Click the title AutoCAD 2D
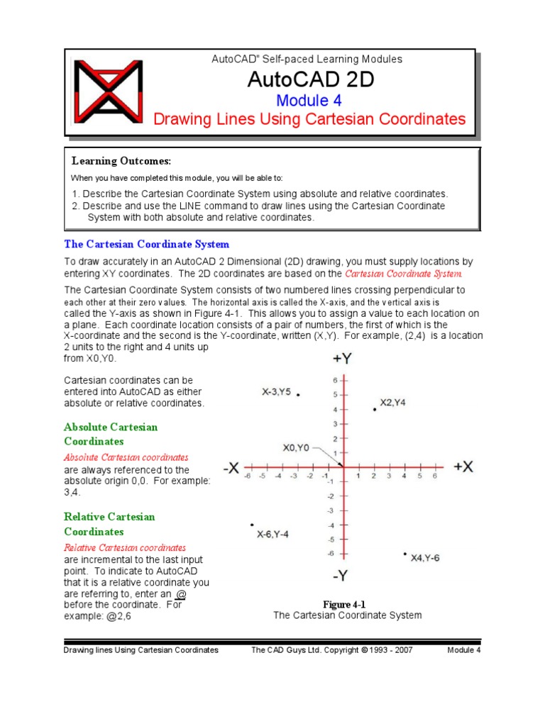pos(310,80)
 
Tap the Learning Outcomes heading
pos(121,162)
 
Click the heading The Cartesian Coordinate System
pos(146,245)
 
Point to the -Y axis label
pos(341,575)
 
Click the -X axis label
pos(231,468)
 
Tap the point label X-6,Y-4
pos(272,535)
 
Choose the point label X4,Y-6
pos(425,558)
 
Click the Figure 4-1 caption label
pos(344,604)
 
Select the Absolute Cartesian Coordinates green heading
pos(111,434)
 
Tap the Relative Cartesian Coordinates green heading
pos(109,524)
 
